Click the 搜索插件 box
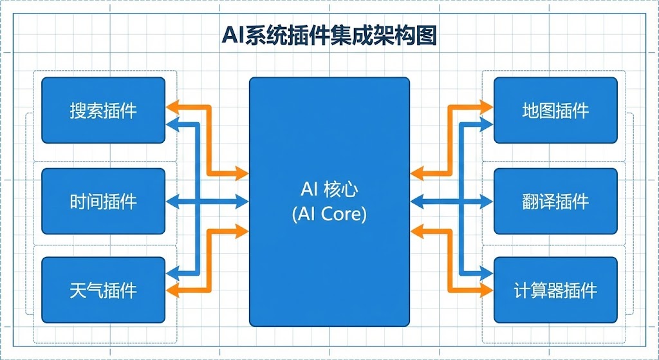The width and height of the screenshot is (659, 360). click(103, 110)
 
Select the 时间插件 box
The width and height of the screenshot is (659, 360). click(103, 202)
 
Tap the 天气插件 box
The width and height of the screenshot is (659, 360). click(103, 290)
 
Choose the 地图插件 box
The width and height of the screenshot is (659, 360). click(555, 110)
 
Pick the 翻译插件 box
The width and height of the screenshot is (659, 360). click(555, 202)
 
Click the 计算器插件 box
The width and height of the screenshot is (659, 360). click(555, 290)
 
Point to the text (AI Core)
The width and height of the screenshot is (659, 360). click(329, 214)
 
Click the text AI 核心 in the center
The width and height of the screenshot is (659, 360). click(329, 189)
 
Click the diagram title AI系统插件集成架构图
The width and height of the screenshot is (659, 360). click(329, 35)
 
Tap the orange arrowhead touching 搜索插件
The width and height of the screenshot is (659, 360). click(172, 106)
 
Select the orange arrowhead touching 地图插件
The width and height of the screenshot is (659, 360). click(487, 102)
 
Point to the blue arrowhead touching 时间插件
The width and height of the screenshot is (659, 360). click(172, 202)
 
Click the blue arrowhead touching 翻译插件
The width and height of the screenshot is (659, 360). click(487, 202)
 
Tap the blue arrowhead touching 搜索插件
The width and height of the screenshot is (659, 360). click(172, 122)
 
